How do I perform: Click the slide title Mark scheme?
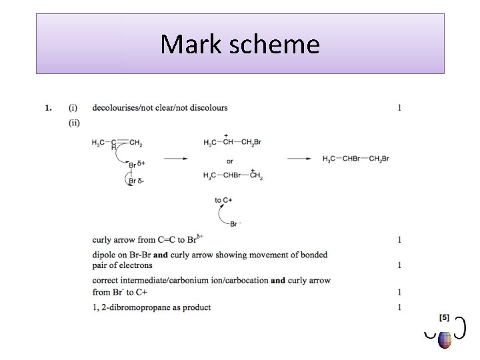(x=240, y=45)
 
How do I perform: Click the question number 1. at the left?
(x=48, y=107)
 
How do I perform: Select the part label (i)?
(x=72, y=107)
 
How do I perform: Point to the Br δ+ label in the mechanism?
(x=137, y=163)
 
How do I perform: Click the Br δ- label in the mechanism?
(x=136, y=180)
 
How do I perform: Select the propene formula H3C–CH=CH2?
(x=117, y=143)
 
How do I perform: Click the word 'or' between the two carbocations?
(x=229, y=161)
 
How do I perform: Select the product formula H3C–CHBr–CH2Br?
(x=355, y=159)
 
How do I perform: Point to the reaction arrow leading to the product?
(x=299, y=159)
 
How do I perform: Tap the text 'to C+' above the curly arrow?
(x=223, y=200)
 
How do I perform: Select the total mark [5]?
(x=444, y=316)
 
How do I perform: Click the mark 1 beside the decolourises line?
(x=399, y=107)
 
